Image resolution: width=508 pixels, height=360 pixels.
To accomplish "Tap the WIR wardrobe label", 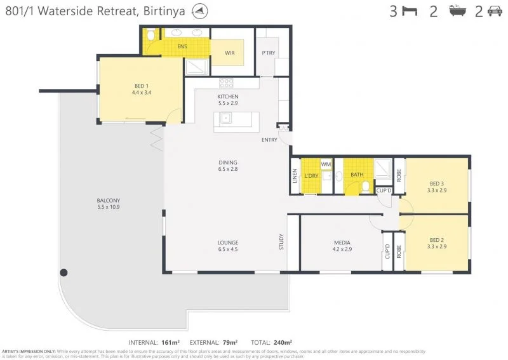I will pos(229,53).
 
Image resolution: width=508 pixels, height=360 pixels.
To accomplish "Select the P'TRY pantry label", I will pos(269,53).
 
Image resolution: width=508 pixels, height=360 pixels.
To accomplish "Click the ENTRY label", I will pos(269,140).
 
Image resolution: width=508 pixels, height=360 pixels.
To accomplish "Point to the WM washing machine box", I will pos(326,164).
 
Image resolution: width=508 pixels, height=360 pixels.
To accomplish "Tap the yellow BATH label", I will pos(357,174).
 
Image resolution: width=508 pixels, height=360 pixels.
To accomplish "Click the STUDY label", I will pos(281,242).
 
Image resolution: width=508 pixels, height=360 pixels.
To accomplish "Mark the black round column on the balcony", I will pos(63,272).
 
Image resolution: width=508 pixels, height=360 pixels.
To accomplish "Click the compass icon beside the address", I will pos(218,11).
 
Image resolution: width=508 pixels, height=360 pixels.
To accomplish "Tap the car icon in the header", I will pos(495,11).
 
